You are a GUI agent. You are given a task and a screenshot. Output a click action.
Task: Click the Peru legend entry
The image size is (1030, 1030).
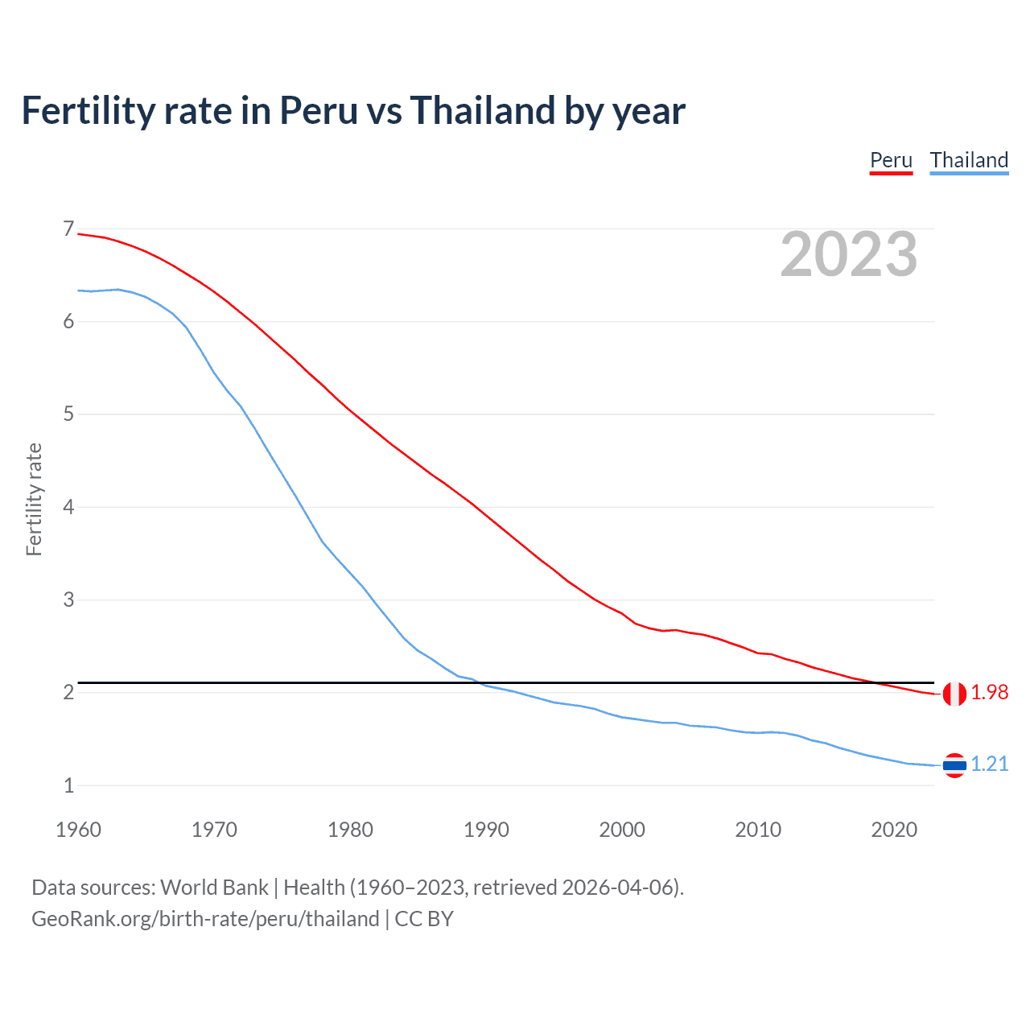click(891, 160)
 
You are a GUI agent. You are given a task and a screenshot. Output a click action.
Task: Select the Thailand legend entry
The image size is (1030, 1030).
click(969, 160)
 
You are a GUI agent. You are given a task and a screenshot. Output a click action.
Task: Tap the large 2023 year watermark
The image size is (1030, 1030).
click(849, 254)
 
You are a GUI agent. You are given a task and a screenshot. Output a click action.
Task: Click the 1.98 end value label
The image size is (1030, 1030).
click(989, 692)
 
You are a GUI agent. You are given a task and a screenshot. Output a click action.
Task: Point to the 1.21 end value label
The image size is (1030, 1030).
click(989, 764)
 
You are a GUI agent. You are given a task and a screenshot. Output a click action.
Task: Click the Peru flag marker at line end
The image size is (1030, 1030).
click(954, 693)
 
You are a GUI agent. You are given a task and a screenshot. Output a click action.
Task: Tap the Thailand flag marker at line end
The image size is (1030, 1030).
click(954, 764)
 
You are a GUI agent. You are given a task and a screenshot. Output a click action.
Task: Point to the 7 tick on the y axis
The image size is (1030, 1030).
click(68, 229)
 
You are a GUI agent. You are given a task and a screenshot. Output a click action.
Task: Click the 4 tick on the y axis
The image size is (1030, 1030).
click(68, 507)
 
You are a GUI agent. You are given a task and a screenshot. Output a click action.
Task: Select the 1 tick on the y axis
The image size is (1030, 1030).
click(68, 785)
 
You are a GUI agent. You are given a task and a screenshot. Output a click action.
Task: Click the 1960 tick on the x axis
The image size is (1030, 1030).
click(78, 830)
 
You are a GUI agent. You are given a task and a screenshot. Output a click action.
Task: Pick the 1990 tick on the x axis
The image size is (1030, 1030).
click(486, 830)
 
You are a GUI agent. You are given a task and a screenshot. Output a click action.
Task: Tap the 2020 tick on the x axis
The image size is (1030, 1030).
click(894, 830)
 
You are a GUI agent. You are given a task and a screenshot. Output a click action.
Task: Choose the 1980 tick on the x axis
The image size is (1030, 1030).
click(350, 830)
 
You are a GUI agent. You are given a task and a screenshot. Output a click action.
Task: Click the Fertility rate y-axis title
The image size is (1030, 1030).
click(34, 499)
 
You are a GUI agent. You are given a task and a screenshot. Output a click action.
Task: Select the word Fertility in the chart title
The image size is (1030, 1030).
click(87, 110)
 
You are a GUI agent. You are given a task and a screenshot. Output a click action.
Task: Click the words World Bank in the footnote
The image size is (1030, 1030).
click(214, 888)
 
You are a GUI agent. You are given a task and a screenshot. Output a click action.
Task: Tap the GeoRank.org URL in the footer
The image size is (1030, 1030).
click(205, 919)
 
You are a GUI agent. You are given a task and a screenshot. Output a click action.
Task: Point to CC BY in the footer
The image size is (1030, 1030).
click(424, 919)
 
